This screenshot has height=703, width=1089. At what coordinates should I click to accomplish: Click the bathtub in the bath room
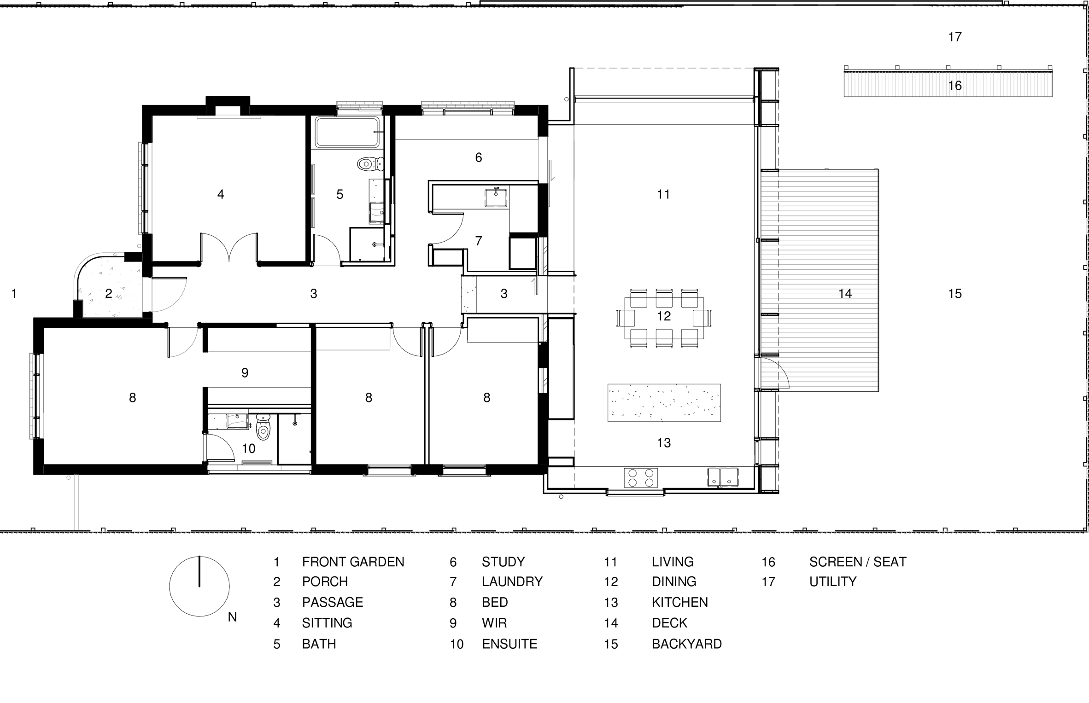click(x=348, y=132)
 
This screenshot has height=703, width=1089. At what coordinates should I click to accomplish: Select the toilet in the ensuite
click(x=263, y=426)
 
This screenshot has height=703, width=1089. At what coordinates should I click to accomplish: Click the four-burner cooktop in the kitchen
click(x=641, y=477)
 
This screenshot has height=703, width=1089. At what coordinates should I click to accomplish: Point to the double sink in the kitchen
click(x=723, y=477)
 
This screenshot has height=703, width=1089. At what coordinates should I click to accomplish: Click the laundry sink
click(x=496, y=198)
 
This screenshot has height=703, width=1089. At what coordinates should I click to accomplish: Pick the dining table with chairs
click(x=664, y=318)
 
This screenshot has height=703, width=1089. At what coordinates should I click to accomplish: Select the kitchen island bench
click(x=664, y=402)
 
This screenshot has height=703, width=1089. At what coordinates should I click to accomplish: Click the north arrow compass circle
click(x=199, y=586)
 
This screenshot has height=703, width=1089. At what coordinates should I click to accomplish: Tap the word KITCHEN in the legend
click(x=679, y=602)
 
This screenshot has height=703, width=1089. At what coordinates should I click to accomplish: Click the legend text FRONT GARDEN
click(x=353, y=562)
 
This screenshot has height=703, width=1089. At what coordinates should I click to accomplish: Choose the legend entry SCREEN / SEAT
click(x=858, y=562)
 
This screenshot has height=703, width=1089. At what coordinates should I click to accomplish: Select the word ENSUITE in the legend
click(x=509, y=644)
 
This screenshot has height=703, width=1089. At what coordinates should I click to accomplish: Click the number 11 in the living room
click(x=663, y=194)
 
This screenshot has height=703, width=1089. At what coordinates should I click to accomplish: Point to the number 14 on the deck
click(x=845, y=293)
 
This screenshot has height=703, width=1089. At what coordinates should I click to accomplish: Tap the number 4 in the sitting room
click(x=221, y=194)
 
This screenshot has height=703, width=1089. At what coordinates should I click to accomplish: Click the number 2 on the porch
click(x=108, y=293)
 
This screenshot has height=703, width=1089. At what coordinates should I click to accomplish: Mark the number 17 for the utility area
click(x=955, y=36)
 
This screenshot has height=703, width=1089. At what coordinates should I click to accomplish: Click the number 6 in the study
click(x=479, y=157)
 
